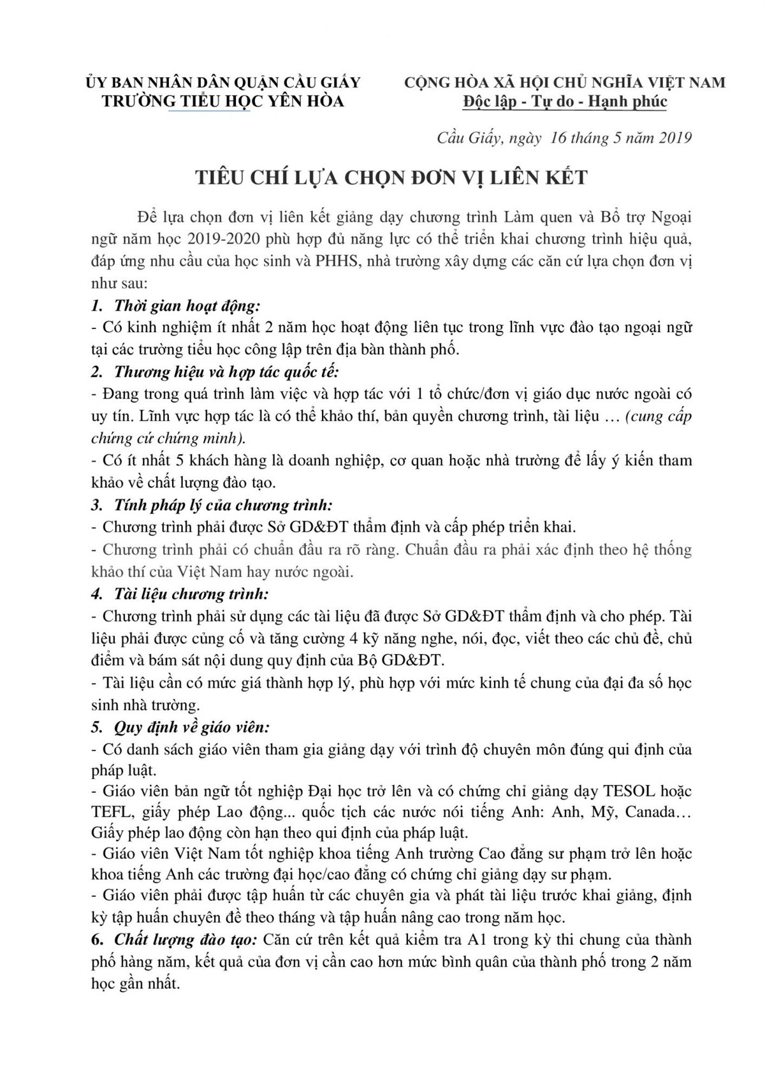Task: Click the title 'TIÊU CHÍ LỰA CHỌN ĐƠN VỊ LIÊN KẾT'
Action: pyautogui.click(x=391, y=178)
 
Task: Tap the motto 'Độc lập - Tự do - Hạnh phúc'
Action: pyautogui.click(x=565, y=101)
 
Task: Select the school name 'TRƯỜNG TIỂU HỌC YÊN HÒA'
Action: pyautogui.click(x=223, y=101)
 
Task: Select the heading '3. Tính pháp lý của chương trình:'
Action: pyautogui.click(x=212, y=506)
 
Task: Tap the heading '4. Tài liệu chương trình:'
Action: pyautogui.click(x=180, y=594)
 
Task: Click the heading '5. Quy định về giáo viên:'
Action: pyautogui.click(x=180, y=727)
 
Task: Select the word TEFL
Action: pyautogui.click(x=110, y=813)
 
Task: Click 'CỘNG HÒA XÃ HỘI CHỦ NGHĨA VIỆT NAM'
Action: pyautogui.click(x=565, y=82)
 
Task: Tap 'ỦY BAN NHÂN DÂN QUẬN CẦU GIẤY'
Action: pyautogui.click(x=223, y=82)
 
